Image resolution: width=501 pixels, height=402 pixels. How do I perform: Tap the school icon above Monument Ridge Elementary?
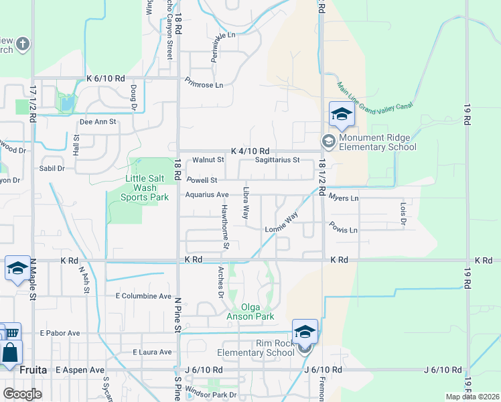(x=341, y=115)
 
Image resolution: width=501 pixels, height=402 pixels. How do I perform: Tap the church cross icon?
(x=23, y=44)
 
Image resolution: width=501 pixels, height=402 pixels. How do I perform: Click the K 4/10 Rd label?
(x=250, y=151)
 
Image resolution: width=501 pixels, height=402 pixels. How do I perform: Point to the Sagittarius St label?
(x=277, y=160)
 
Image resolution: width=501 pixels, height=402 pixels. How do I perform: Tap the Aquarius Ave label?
(x=207, y=195)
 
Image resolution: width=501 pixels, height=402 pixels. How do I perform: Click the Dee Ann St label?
(x=98, y=122)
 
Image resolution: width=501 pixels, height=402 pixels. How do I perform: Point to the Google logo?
(x=22, y=394)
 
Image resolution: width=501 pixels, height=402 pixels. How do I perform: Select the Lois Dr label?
(x=403, y=214)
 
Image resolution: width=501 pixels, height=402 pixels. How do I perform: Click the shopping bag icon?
(x=10, y=352)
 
